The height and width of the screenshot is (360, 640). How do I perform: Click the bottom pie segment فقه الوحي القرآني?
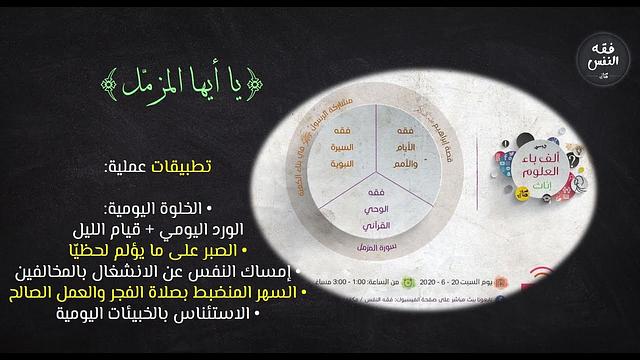coord(346,206)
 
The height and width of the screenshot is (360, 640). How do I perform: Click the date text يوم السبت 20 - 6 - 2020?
coord(488,283)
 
